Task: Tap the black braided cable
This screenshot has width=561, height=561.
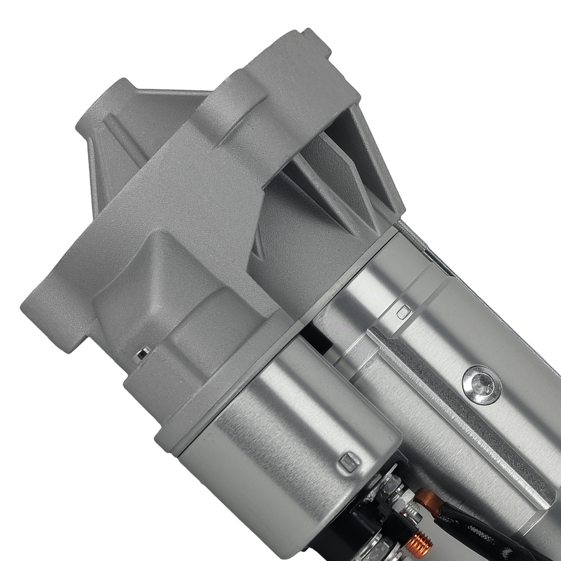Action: pos(456,519)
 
